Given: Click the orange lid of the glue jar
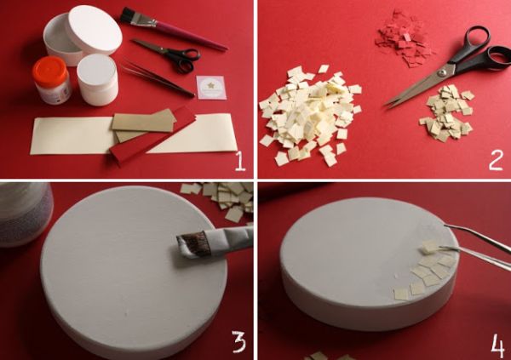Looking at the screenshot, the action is (x=50, y=66).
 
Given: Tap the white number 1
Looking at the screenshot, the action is (x=240, y=162).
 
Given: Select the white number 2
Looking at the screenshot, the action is (x=496, y=161).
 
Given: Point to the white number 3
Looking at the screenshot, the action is (x=238, y=341).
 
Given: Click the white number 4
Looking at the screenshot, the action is (x=497, y=346).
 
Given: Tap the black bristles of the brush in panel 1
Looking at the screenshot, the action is (x=129, y=16).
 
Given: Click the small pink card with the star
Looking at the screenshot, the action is (x=211, y=88).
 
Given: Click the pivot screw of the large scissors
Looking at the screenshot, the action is (x=441, y=72).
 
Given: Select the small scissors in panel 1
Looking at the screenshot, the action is (x=169, y=54).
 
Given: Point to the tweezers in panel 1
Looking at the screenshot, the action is (x=158, y=79).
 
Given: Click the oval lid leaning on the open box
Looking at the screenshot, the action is (x=94, y=29).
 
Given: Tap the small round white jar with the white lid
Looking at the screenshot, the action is (x=97, y=80).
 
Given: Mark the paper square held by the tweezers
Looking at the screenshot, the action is (x=430, y=247).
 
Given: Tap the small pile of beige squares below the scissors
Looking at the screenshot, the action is (x=447, y=112).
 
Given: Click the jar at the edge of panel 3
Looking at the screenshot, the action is (x=26, y=214).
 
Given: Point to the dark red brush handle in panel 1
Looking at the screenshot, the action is (x=191, y=35).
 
